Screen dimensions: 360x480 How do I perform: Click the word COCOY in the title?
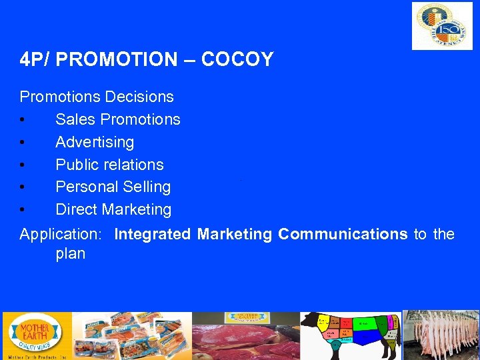(x=237, y=59)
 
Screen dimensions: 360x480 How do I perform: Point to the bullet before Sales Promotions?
(x=23, y=120)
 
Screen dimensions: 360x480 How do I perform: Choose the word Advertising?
(x=95, y=142)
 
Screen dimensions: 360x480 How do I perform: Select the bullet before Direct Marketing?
(x=23, y=210)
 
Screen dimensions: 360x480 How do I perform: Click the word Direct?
(x=76, y=209)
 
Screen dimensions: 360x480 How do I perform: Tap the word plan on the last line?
(x=71, y=254)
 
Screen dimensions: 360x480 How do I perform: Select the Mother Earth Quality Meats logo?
(x=33, y=335)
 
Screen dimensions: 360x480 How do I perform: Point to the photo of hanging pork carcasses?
(x=441, y=335)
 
